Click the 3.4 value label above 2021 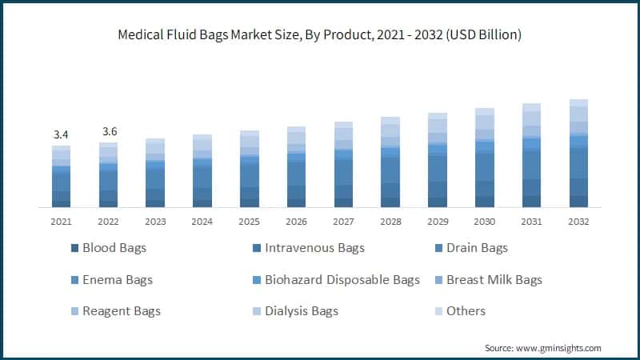(x=61, y=134)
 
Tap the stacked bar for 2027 (x=343, y=165)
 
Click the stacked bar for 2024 (x=202, y=171)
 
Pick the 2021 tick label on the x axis (x=61, y=222)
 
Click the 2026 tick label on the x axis (x=296, y=222)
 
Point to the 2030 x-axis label (x=485, y=222)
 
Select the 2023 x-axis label (x=155, y=222)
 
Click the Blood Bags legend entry (x=114, y=248)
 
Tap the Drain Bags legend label (x=477, y=248)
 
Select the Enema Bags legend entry (x=117, y=280)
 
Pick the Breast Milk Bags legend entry (x=494, y=280)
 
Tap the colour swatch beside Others (x=438, y=311)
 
